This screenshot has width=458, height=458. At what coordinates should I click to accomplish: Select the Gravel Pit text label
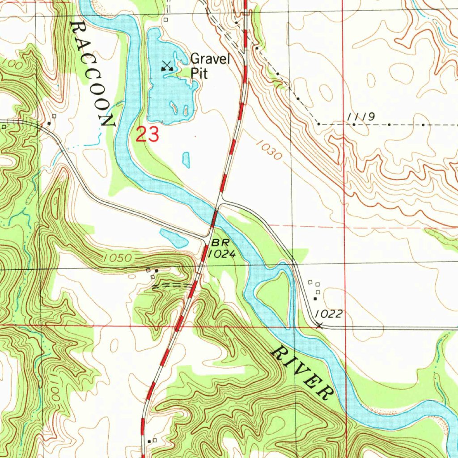tap(210, 66)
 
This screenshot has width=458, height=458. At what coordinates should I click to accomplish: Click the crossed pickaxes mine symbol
tap(167, 66)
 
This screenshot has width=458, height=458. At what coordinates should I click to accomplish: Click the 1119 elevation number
tap(360, 117)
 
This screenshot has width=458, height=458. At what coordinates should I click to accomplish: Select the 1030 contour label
tap(270, 151)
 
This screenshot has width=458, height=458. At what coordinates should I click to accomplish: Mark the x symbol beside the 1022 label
tap(319, 326)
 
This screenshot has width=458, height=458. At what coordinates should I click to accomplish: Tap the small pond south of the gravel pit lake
tap(186, 159)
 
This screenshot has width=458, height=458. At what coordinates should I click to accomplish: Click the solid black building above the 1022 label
tap(315, 298)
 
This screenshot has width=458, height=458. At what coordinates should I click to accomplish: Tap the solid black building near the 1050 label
tap(156, 271)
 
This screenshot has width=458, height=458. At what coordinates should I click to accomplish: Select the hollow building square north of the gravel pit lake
tap(165, 20)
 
